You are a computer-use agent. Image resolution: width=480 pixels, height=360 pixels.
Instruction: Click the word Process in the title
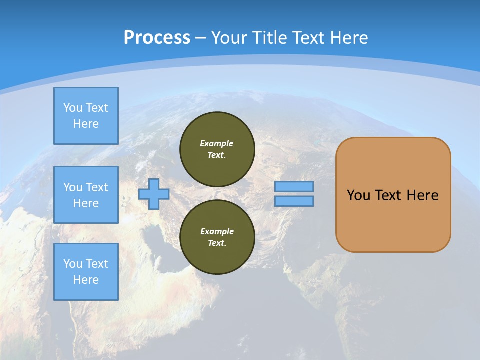tap(157, 38)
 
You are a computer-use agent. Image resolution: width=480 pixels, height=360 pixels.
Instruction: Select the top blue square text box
tap(86, 116)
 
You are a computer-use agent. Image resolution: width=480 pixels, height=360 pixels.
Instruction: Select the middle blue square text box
tap(86, 195)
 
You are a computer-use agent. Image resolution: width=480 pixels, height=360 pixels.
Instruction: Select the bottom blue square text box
tap(86, 272)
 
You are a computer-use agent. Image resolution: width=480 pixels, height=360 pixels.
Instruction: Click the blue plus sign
tap(154, 194)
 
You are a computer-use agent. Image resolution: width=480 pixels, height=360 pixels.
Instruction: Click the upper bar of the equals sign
tap(294, 186)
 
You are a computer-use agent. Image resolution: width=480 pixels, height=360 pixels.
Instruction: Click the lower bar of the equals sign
tap(294, 201)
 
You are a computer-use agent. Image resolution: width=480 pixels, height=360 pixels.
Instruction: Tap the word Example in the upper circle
tap(217, 143)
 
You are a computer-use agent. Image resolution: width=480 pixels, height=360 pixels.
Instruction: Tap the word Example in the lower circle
tap(217, 231)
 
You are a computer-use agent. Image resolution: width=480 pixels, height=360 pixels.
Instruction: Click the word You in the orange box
tap(358, 195)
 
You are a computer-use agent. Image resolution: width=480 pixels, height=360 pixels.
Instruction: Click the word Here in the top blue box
tap(86, 124)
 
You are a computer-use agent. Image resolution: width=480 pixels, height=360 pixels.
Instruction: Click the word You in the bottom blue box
tap(73, 264)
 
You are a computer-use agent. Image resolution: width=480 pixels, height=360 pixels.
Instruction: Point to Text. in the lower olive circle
tap(217, 243)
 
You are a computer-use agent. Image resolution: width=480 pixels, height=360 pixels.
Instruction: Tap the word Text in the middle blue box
tap(96, 187)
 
